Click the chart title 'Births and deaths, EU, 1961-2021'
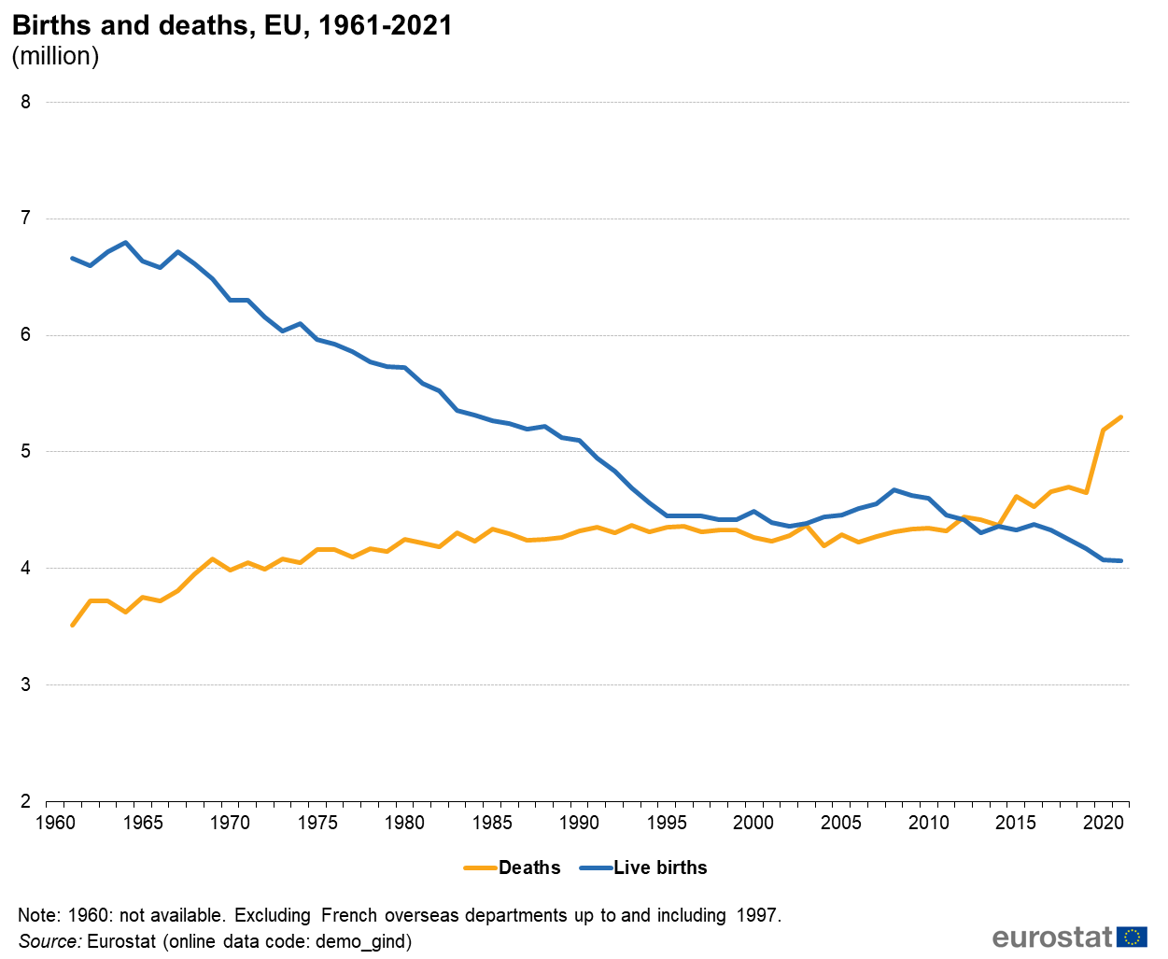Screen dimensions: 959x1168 (232, 25)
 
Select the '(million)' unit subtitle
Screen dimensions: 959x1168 (55, 56)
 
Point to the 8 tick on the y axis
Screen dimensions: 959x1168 (25, 102)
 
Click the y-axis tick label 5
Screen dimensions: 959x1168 (25, 452)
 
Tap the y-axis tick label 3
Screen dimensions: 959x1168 (25, 684)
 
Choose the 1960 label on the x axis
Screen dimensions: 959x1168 (55, 823)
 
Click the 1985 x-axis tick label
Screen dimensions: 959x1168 (492, 823)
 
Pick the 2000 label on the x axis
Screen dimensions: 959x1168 (753, 823)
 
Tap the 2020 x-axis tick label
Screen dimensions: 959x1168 (1103, 823)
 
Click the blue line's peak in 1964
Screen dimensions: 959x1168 (125, 242)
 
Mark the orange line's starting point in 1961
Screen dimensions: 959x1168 (73, 625)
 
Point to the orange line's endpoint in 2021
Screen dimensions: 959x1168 (1120, 416)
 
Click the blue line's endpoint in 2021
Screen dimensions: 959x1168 (1120, 560)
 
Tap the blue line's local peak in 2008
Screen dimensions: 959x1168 (894, 489)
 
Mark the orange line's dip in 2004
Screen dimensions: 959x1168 (823, 545)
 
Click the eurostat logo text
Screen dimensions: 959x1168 (1052, 937)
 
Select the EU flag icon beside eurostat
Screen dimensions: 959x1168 (1133, 937)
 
